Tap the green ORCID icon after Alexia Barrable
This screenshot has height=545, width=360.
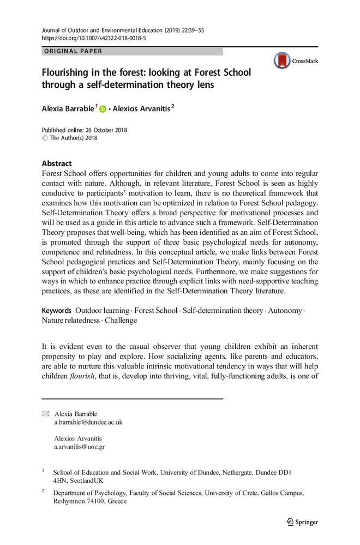102,110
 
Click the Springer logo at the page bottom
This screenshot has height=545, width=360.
303,522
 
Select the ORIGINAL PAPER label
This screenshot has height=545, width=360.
74,51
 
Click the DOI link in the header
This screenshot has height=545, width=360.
93,39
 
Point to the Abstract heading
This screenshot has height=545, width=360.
57,163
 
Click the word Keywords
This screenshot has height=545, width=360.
57,310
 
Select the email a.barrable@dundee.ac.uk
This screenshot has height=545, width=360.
88,422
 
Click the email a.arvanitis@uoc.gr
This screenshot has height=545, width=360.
79,446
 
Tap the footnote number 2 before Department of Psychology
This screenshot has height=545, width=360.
43,491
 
